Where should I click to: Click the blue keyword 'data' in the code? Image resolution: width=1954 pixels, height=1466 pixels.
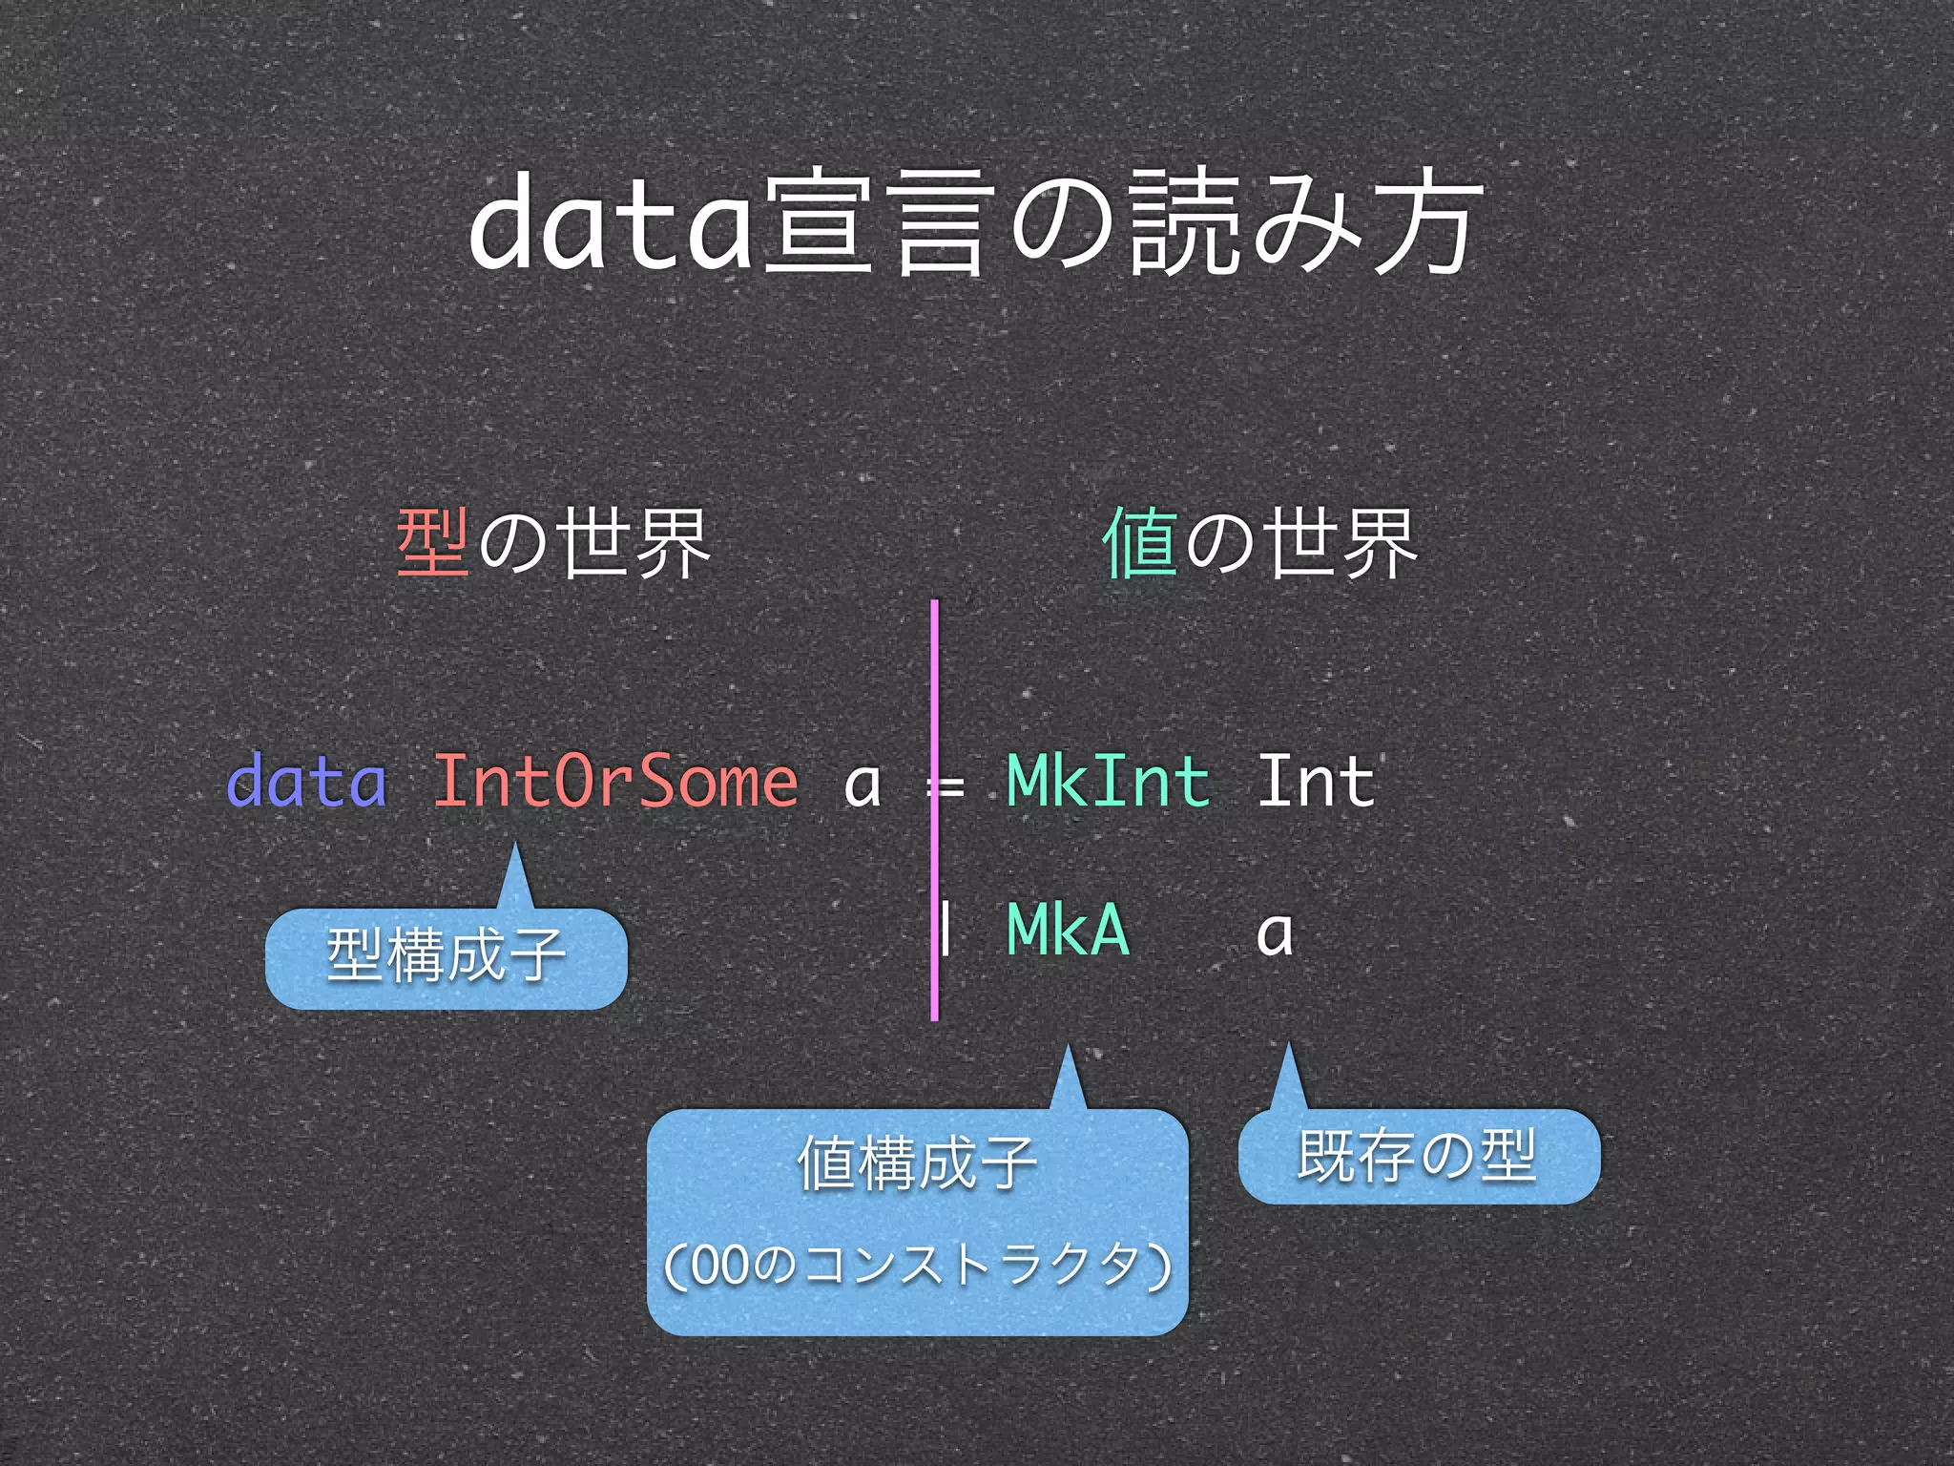click(x=306, y=782)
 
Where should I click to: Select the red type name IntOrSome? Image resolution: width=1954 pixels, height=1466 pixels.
click(x=615, y=782)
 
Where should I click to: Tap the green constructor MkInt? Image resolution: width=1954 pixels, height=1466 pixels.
click(x=1108, y=782)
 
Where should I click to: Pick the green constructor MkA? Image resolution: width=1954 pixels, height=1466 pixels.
click(x=1068, y=930)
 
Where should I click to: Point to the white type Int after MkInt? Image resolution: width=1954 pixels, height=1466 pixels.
click(x=1316, y=782)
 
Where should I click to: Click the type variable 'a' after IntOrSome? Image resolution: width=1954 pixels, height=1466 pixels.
click(x=862, y=785)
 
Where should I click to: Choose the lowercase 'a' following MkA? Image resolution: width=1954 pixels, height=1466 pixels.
click(x=1275, y=933)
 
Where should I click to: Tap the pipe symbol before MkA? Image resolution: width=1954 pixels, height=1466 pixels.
click(x=945, y=930)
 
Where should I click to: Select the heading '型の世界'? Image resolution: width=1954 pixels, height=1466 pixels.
click(x=553, y=543)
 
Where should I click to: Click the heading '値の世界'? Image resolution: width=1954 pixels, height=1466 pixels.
click(x=1259, y=543)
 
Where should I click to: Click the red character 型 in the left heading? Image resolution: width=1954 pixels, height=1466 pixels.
click(x=433, y=543)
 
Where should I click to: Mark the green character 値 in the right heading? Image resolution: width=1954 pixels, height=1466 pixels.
click(x=1139, y=543)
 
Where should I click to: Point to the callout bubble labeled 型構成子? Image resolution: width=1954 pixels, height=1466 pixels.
click(x=446, y=957)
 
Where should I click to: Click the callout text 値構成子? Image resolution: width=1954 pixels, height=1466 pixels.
click(x=917, y=1163)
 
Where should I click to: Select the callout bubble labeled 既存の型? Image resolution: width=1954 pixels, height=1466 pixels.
click(x=1418, y=1156)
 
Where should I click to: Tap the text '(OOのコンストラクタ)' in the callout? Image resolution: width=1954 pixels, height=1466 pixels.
click(x=917, y=1266)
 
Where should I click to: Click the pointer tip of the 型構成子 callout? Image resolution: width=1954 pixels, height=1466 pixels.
click(x=515, y=846)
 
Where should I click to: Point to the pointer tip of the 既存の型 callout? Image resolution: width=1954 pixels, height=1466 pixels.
click(x=1288, y=1046)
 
